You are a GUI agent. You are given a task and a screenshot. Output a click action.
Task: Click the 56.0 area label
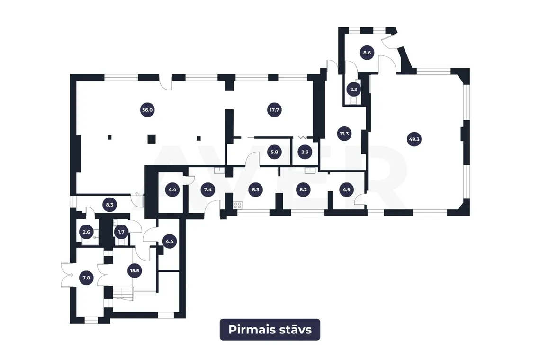pyautogui.click(x=147, y=110)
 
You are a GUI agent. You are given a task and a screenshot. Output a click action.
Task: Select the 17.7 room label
pyautogui.click(x=274, y=110)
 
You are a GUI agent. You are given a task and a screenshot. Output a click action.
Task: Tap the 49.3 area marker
pyautogui.click(x=414, y=140)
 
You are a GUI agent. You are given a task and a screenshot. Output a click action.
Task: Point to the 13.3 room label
pyautogui.click(x=344, y=134)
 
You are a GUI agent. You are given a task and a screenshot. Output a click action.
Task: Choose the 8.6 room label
pyautogui.click(x=367, y=53)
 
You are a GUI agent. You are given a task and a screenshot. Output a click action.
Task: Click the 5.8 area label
pyautogui.click(x=274, y=152)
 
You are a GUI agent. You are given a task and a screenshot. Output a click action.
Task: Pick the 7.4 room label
pyautogui.click(x=207, y=189)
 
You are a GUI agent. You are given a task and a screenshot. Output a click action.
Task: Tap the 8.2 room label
pyautogui.click(x=303, y=189)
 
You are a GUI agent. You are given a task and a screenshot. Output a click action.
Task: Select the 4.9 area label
pyautogui.click(x=346, y=189)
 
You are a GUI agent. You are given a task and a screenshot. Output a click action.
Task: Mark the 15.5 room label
pyautogui.click(x=135, y=271)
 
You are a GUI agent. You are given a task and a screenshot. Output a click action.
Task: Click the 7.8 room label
pyautogui.click(x=86, y=278)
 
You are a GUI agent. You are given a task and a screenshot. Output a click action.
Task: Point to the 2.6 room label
pyautogui.click(x=86, y=232)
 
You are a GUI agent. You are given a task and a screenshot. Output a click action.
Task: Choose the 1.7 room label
pyautogui.click(x=121, y=232)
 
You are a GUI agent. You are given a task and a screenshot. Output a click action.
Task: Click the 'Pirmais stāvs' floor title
pyautogui.click(x=270, y=330)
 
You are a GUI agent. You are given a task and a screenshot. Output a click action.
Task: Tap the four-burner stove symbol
pyautogui.click(x=238, y=205)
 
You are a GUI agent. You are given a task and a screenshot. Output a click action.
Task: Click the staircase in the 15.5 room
pyautogui.click(x=123, y=293)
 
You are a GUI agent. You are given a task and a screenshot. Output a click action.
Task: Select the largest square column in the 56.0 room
pyautogui.click(x=152, y=139)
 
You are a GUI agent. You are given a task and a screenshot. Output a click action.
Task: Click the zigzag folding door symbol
pyautogui.click(x=302, y=137)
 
